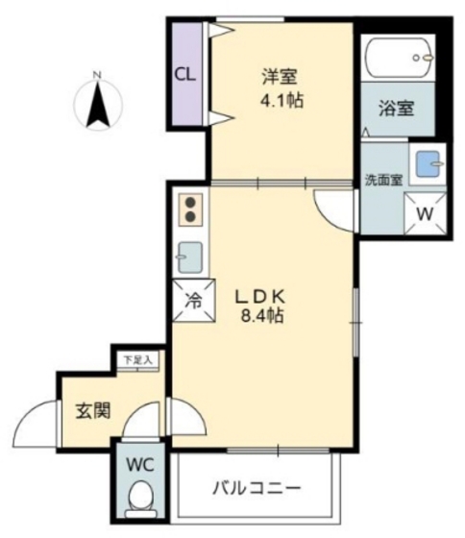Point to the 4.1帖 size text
(x=282, y=99)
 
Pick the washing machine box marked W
(x=424, y=213)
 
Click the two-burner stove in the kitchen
(x=190, y=210)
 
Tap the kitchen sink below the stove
(x=190, y=257)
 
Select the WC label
(x=140, y=463)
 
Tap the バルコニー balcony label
(x=257, y=487)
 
